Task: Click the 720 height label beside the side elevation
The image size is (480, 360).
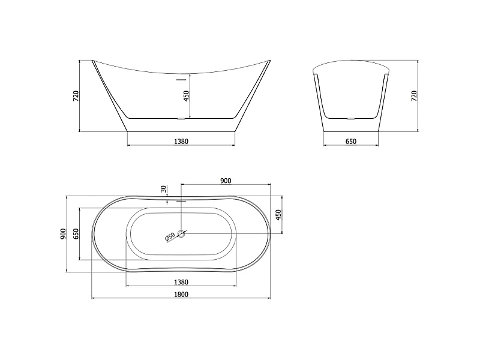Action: [76, 96]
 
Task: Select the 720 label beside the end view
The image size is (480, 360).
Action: [414, 96]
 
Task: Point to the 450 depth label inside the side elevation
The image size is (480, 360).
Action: [186, 96]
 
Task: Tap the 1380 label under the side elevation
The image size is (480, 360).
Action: [181, 142]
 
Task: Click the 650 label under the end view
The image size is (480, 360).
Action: [351, 142]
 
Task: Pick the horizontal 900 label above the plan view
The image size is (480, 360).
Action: [226, 181]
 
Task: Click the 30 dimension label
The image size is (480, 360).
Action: [163, 189]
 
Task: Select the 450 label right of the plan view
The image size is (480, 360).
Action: [278, 215]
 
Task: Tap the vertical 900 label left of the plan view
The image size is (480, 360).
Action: [63, 234]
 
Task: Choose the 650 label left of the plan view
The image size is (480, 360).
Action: [76, 234]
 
